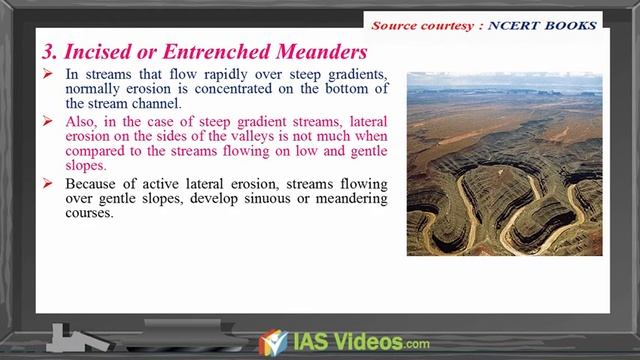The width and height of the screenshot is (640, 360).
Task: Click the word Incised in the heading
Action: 97,50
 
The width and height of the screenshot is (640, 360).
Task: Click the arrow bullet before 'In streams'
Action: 52,75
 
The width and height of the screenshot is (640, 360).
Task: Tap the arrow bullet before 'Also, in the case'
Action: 52,122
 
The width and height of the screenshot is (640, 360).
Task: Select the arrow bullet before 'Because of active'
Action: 52,184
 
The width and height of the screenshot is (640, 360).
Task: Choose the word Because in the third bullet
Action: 93,184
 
